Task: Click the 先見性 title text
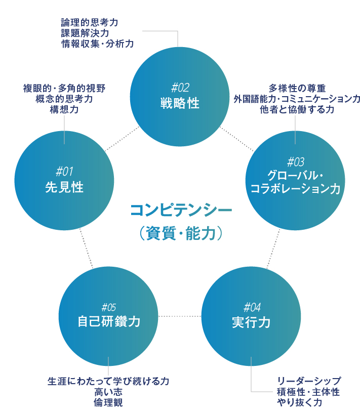(64, 187)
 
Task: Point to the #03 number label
(295, 162)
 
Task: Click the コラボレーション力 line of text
(295, 190)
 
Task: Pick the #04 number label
(252, 307)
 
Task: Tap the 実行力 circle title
(252, 323)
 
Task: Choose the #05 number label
(109, 307)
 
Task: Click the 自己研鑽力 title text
(109, 322)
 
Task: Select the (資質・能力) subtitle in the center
(181, 233)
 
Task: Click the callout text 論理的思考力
(90, 23)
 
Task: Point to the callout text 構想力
(64, 109)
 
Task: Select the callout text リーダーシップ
(308, 381)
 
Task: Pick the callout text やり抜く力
(299, 403)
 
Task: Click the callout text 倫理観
(108, 403)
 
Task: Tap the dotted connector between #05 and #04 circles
(180, 316)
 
